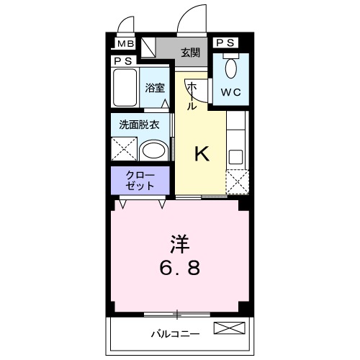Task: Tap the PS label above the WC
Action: [225, 42]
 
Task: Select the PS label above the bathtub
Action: [122, 62]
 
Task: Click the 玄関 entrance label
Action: [190, 52]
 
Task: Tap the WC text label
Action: [230, 92]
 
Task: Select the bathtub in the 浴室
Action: [125, 88]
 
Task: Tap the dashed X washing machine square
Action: [122, 149]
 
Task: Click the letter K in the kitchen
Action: [202, 153]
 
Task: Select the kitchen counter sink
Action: [236, 156]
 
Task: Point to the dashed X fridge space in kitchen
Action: [236, 183]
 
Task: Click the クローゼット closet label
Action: [140, 180]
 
